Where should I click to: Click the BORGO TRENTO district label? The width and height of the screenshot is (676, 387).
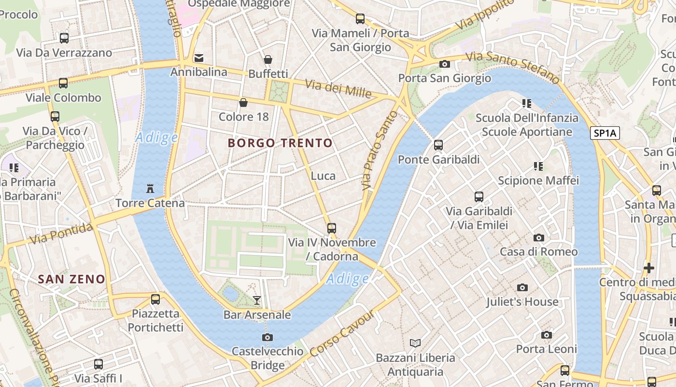coord(280,143)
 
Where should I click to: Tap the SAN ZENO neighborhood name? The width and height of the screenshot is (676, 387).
coord(71,279)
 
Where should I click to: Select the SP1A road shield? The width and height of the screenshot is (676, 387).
coord(605,134)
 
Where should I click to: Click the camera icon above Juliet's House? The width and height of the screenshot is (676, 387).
coord(522,288)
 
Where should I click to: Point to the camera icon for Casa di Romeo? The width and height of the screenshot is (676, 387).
coord(538,238)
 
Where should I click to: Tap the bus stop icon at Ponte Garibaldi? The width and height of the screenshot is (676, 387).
coord(438,145)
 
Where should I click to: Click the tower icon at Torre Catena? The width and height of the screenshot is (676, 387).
coord(150,188)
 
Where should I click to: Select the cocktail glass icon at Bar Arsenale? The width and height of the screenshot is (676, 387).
coord(257,300)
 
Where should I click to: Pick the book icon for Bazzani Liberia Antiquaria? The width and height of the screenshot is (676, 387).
coord(415,343)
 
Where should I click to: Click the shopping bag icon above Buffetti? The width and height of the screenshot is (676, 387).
coord(268,60)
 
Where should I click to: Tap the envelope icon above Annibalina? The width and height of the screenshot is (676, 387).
coord(198,58)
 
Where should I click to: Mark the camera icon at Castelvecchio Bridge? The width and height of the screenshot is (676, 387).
coord(267,337)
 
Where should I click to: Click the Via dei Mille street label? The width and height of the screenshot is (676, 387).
coord(338,89)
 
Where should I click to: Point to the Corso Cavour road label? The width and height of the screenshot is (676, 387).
coord(342,334)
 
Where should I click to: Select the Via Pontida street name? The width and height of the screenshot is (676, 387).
coord(61,234)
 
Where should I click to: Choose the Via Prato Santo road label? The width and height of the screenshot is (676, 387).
coord(380,150)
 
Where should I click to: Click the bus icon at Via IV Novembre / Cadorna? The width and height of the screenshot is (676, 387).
coord(331,228)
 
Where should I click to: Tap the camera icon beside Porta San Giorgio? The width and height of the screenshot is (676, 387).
coord(444,64)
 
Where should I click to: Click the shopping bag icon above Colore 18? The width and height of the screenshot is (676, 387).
coord(243,103)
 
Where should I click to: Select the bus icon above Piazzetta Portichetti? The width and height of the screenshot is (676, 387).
coord(155,299)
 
